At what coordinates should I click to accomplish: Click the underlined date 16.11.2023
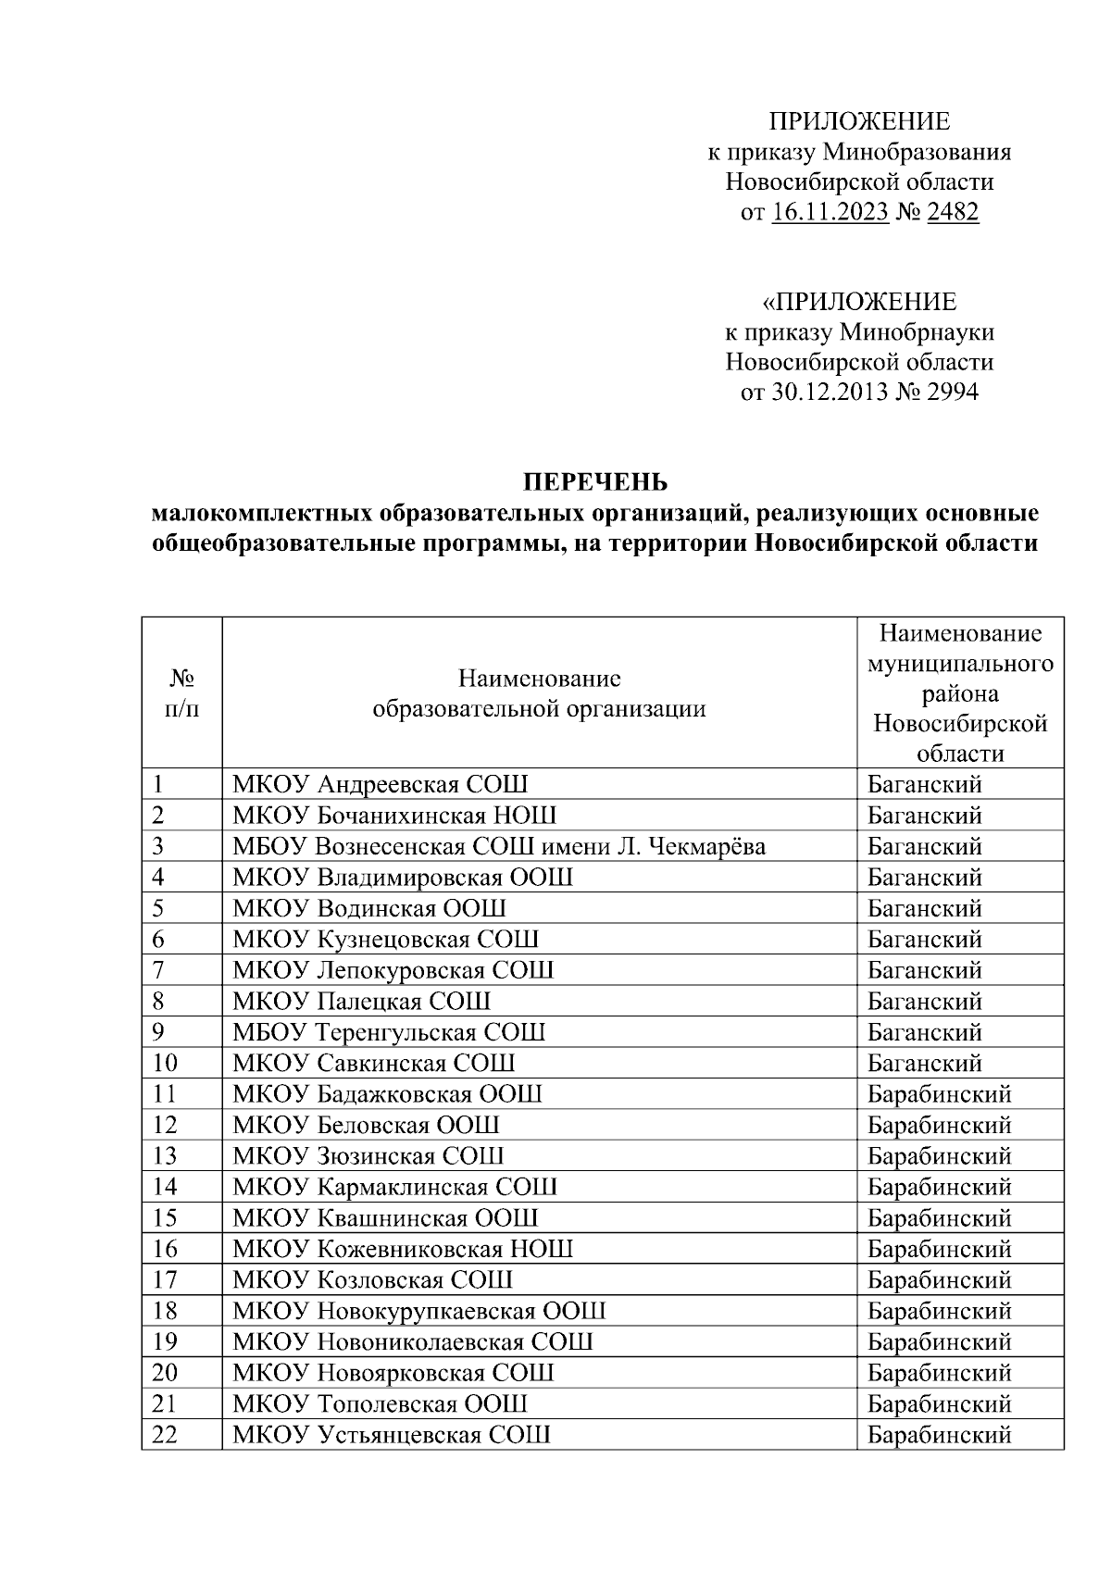[x=830, y=213]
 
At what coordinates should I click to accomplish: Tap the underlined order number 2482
[x=952, y=213]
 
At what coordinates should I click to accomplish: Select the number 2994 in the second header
[x=952, y=393]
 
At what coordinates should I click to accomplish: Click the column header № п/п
[x=181, y=692]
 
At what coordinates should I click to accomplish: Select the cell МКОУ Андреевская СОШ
[x=381, y=785]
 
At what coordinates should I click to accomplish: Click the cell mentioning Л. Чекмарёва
[x=499, y=846]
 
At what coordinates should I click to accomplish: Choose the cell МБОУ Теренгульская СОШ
[x=389, y=1032]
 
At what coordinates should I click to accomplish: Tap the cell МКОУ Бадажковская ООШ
[x=387, y=1094]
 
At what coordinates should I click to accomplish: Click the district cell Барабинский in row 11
[x=939, y=1094]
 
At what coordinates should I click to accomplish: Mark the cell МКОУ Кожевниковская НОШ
[x=403, y=1249]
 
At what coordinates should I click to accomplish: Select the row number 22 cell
[x=165, y=1435]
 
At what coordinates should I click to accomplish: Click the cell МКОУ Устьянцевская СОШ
[x=392, y=1435]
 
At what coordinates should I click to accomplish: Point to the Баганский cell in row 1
[x=924, y=785]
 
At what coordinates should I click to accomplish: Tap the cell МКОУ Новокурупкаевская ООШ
[x=419, y=1311]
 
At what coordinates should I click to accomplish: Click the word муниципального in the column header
[x=959, y=665]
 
